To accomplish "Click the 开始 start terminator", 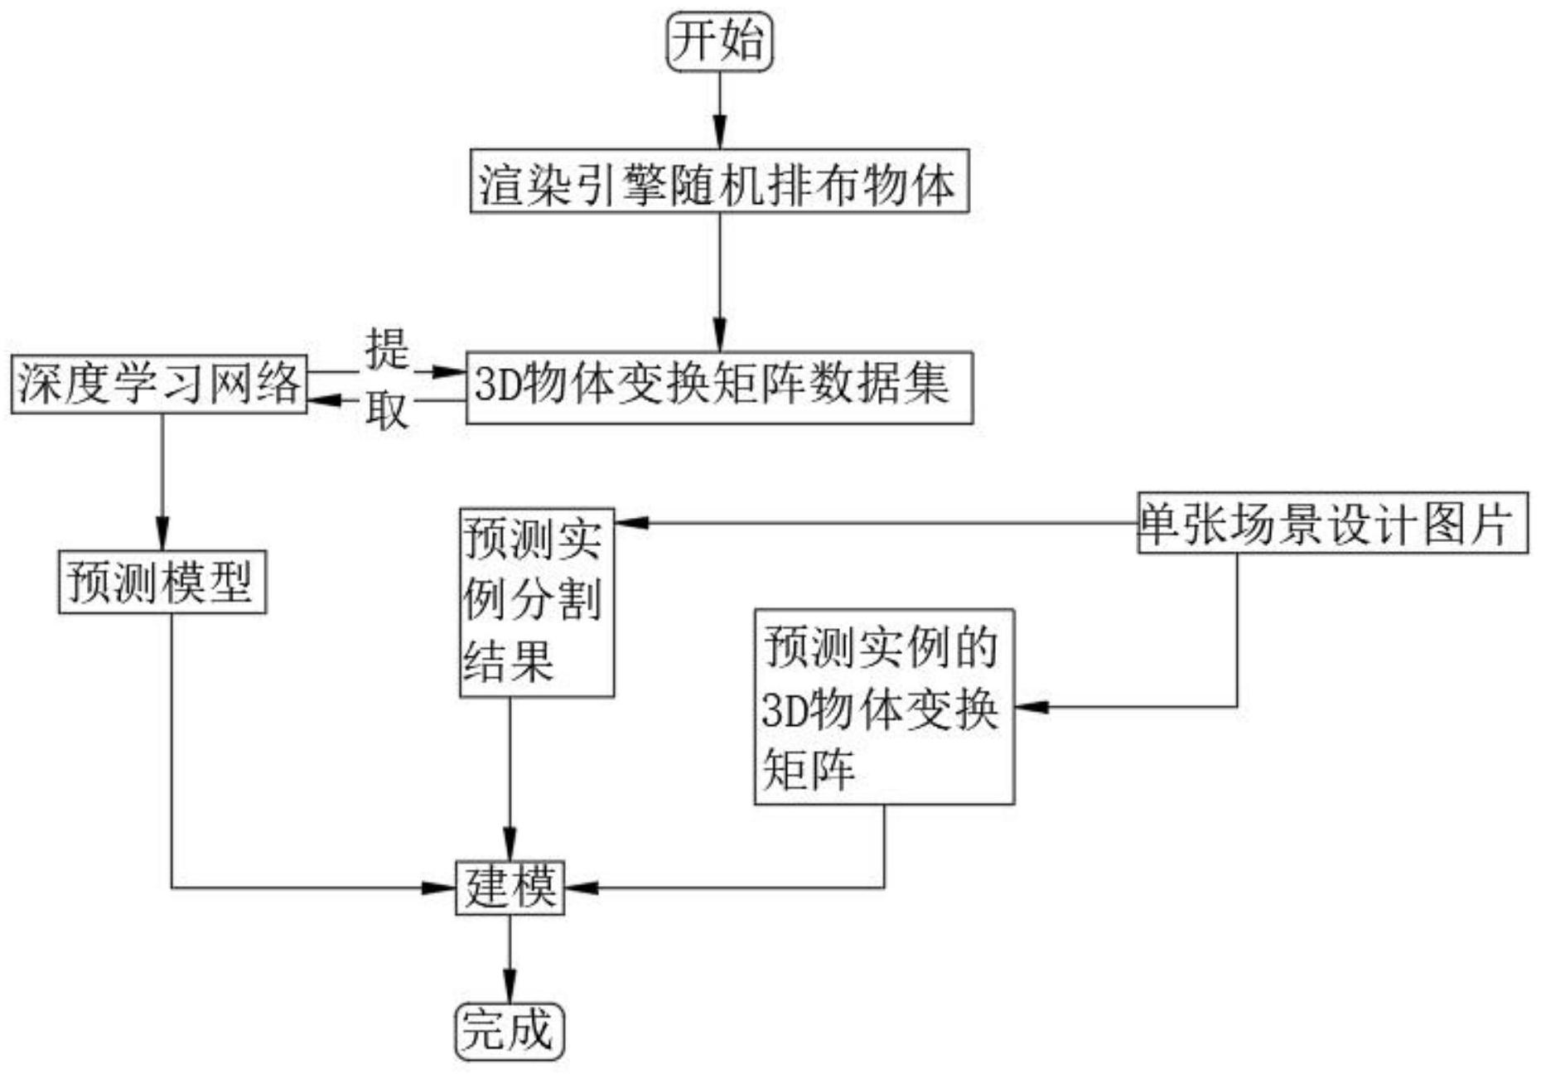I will pos(719,41).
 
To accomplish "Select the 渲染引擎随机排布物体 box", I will pos(719,181).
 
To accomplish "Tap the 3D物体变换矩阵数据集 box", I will pos(719,388).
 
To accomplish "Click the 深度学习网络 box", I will pos(159,385).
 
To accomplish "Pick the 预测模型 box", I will pos(162,582).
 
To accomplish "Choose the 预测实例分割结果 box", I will pos(537,602).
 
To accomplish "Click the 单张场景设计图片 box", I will pos(1331,524).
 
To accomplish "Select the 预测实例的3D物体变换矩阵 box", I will pos(884,707).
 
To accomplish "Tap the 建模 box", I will pos(510,888).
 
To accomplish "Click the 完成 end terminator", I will pos(509,1032).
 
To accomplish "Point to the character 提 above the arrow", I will pos(387,348).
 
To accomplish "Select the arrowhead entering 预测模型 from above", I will pos(162,537).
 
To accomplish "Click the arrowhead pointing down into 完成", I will pos(509,989).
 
